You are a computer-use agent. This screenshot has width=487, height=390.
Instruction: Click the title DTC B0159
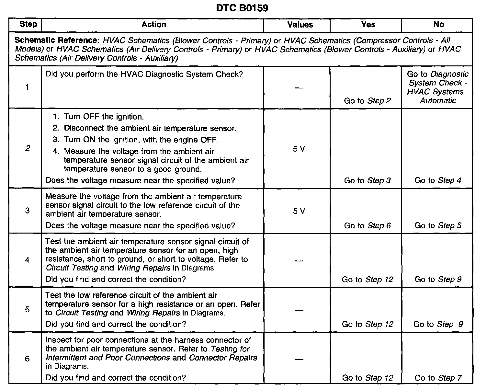pyautogui.click(x=242, y=8)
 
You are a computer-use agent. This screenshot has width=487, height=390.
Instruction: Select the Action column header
pyautogui.click(x=154, y=25)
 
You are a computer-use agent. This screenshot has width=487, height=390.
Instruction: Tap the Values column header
pyautogui.click(x=300, y=25)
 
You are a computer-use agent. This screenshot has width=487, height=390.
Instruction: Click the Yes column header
pyautogui.click(x=368, y=25)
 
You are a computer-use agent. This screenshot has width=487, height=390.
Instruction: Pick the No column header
pyautogui.click(x=438, y=25)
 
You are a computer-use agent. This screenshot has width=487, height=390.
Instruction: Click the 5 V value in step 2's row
pyautogui.click(x=299, y=149)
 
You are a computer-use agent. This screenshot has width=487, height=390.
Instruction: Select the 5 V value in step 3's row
pyautogui.click(x=299, y=211)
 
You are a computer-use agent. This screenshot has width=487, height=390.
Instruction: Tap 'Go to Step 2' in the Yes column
pyautogui.click(x=367, y=101)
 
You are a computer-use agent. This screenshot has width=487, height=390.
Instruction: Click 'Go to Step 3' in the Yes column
pyautogui.click(x=367, y=180)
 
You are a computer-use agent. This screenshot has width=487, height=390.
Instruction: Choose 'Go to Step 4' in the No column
pyautogui.click(x=438, y=180)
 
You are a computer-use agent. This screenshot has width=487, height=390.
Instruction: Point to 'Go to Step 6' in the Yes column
pyautogui.click(x=367, y=225)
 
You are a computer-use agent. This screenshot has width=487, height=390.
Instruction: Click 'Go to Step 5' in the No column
pyautogui.click(x=438, y=225)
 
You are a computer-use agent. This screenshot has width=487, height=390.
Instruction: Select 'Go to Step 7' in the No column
pyautogui.click(x=438, y=378)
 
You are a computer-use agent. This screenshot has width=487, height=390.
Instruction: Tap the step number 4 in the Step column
pyautogui.click(x=27, y=260)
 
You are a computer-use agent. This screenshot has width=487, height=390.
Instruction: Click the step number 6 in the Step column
pyautogui.click(x=27, y=359)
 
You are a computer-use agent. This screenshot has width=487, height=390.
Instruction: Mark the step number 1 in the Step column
pyautogui.click(x=27, y=87)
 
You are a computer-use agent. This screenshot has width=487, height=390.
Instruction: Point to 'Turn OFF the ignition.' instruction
pyautogui.click(x=104, y=117)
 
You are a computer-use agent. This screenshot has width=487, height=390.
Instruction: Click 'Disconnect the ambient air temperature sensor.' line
pyautogui.click(x=150, y=128)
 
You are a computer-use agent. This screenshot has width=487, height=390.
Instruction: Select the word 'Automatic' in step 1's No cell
pyautogui.click(x=438, y=101)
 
